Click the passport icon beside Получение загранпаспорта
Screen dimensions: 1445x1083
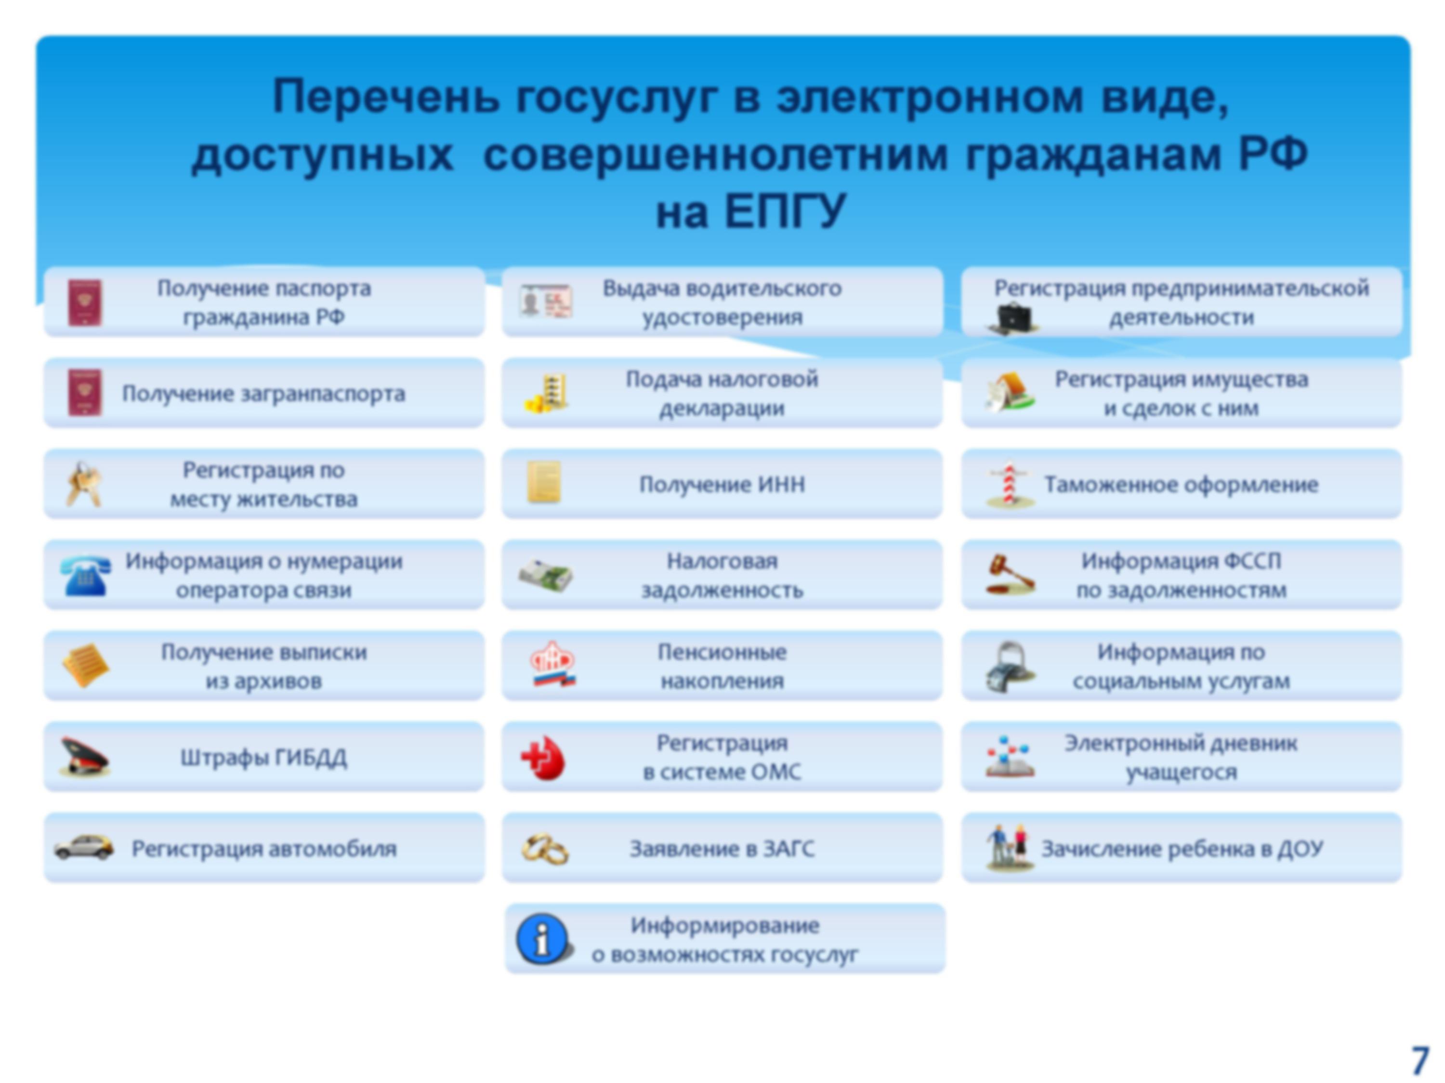(85, 393)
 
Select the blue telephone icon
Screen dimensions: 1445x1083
(85, 575)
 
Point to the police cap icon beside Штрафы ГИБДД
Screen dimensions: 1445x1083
(85, 757)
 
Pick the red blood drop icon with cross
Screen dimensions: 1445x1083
(543, 759)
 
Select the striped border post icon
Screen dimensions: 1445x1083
(1010, 484)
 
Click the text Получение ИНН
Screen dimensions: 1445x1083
(722, 484)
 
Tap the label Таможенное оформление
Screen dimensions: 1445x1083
(1181, 484)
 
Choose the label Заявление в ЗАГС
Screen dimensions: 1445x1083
(722, 849)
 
